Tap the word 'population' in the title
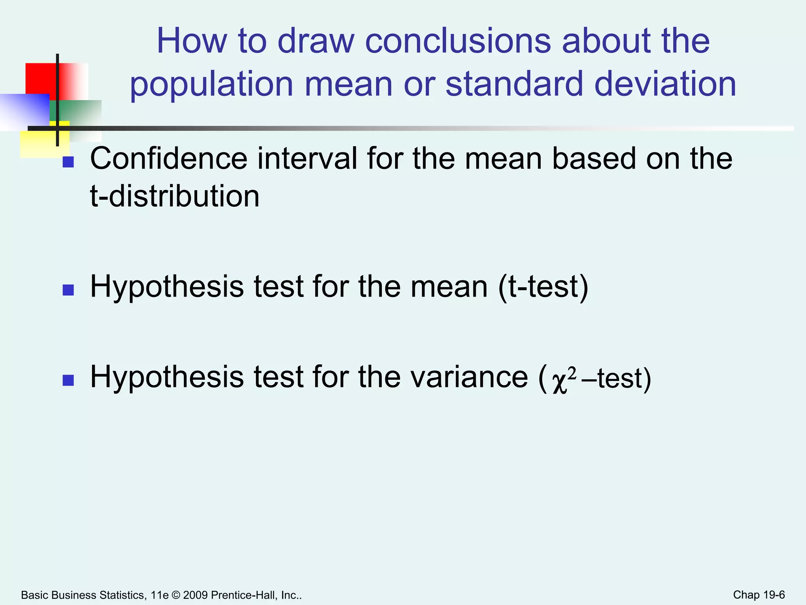tap(211, 85)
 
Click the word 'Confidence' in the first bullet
tap(169, 159)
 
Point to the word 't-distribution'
tap(175, 196)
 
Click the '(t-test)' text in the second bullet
tap(543, 287)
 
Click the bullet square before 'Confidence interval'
tap(68, 162)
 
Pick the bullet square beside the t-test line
tap(68, 290)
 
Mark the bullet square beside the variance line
tap(68, 380)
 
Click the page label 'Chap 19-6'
tap(759, 595)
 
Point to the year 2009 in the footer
tap(195, 595)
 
